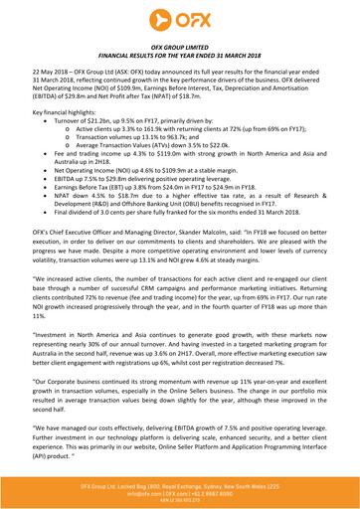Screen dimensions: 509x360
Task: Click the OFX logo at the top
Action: pos(180,18)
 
